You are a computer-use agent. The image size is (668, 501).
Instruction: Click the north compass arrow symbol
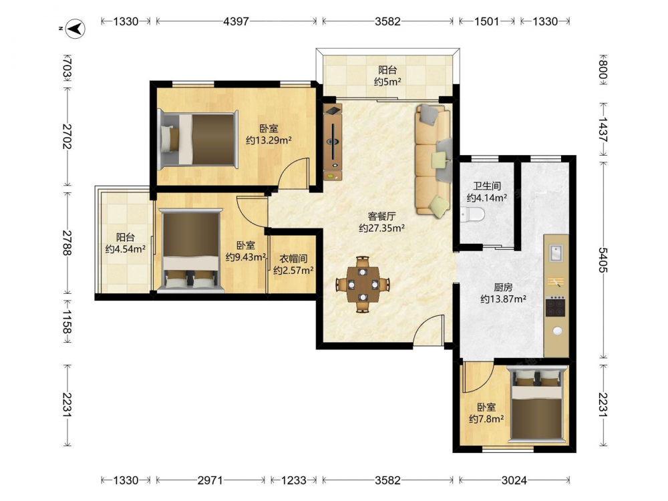click(75, 29)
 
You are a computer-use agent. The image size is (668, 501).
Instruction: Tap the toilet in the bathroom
click(473, 214)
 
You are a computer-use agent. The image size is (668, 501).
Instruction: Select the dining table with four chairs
click(363, 284)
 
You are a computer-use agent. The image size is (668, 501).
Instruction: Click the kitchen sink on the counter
click(556, 253)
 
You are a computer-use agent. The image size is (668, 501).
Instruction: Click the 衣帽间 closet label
click(293, 259)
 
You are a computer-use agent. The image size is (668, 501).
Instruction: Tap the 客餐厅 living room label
click(381, 216)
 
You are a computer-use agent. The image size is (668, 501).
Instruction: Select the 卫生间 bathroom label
click(487, 186)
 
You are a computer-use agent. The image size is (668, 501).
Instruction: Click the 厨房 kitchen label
click(503, 287)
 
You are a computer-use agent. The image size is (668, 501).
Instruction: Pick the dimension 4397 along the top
click(236, 21)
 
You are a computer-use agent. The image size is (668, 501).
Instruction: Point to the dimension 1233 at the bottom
click(293, 480)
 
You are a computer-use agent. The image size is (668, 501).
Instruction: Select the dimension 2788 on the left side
click(67, 242)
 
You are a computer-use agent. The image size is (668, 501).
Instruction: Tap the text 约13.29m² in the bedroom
click(269, 140)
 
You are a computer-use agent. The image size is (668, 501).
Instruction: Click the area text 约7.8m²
click(486, 420)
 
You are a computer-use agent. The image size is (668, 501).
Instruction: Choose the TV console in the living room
click(333, 142)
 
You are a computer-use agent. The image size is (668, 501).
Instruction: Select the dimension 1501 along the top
click(486, 21)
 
